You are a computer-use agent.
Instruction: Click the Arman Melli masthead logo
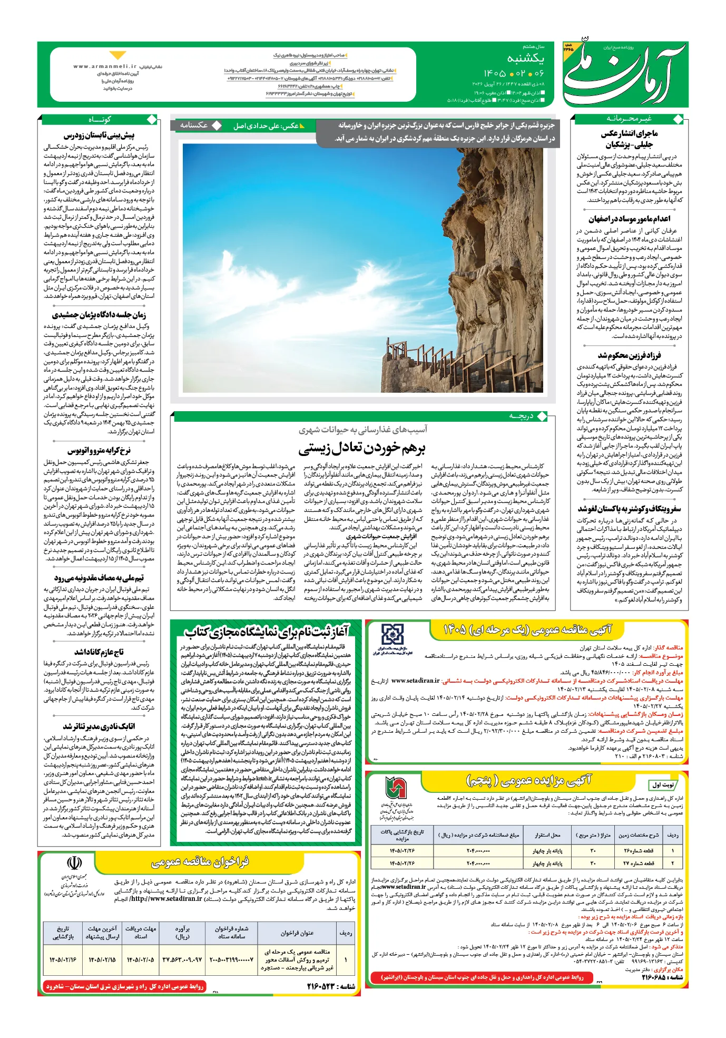click(x=624, y=74)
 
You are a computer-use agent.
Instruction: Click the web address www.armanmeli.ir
click(x=105, y=66)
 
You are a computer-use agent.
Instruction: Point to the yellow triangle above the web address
click(x=117, y=55)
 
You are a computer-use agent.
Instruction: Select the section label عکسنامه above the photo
click(x=194, y=125)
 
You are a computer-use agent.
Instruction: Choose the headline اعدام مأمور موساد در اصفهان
click(x=629, y=219)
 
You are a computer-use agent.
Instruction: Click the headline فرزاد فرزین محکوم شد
click(x=629, y=355)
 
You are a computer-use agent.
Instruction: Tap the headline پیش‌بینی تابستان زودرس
click(x=100, y=136)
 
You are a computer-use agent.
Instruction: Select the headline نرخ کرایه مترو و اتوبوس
click(x=100, y=451)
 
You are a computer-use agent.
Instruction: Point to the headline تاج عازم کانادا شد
click(x=100, y=652)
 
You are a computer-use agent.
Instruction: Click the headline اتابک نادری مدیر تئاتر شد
click(x=100, y=726)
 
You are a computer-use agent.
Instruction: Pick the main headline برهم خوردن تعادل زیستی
click(x=362, y=449)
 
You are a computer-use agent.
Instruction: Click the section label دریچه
click(x=521, y=416)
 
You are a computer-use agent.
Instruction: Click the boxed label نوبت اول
click(x=663, y=785)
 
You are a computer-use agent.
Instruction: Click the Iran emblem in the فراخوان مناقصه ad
click(x=74, y=863)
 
